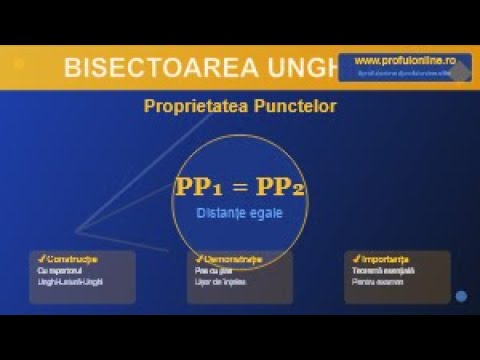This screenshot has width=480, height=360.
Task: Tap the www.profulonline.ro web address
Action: (397, 60)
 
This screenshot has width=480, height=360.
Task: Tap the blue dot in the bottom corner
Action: (461, 296)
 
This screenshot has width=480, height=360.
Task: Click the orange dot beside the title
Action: (18, 62)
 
